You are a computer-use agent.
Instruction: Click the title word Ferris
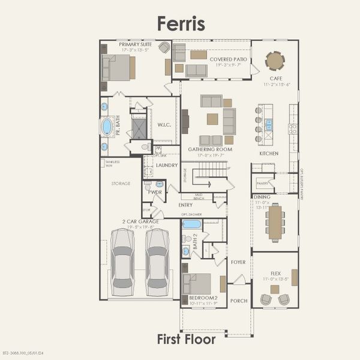[x=181, y=23]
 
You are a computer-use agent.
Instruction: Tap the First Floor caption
[x=186, y=340]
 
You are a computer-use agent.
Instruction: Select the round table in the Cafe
[x=275, y=61]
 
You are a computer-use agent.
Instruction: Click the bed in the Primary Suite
[x=118, y=68]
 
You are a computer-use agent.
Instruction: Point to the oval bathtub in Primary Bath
[x=107, y=127]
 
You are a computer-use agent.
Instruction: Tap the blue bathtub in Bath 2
[x=191, y=224]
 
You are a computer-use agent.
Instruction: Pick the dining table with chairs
[x=275, y=223]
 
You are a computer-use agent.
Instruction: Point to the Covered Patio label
[x=228, y=59]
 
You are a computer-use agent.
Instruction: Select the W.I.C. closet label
[x=164, y=125]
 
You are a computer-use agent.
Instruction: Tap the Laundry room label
[x=167, y=165]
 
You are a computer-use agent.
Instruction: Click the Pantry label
[x=262, y=183]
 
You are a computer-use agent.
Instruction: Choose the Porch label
[x=239, y=301]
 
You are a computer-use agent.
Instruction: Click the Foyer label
[x=238, y=262]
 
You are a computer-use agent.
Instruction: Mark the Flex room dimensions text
[x=275, y=280]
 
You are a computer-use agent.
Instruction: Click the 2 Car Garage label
[x=141, y=221]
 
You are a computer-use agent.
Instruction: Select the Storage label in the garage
[x=120, y=184]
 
